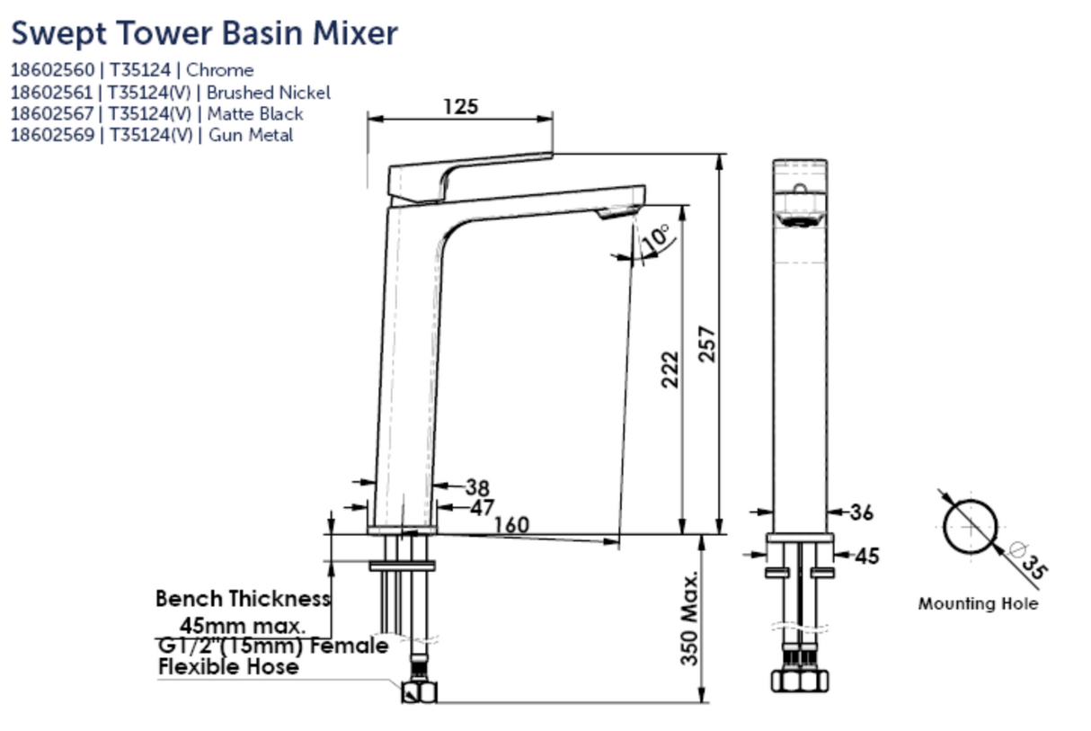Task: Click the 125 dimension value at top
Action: click(x=460, y=106)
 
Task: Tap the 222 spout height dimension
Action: click(x=670, y=369)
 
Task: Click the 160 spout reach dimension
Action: click(x=510, y=524)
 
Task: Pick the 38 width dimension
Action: click(x=477, y=488)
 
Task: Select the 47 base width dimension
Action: click(x=482, y=508)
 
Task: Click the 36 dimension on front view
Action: click(x=861, y=513)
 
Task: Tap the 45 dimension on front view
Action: click(x=865, y=557)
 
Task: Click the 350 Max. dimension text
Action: click(x=689, y=617)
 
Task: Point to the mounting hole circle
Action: click(x=971, y=526)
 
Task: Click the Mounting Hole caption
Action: click(x=977, y=604)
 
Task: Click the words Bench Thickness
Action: click(x=243, y=599)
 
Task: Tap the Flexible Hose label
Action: click(x=228, y=666)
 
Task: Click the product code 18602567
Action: click(x=51, y=114)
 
